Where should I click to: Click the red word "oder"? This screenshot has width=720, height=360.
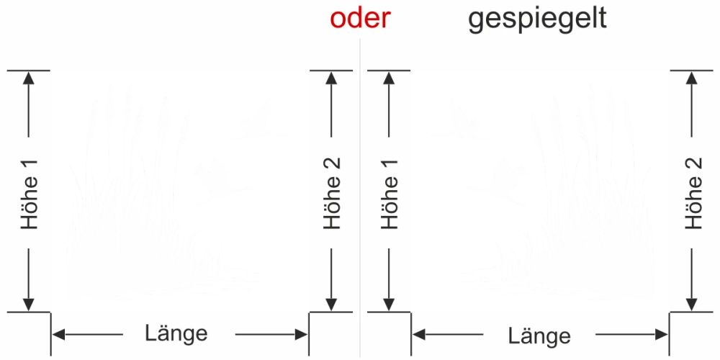coord(360,19)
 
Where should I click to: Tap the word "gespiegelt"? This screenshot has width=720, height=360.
coord(537,19)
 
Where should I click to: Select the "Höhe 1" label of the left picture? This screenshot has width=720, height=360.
coord(30,192)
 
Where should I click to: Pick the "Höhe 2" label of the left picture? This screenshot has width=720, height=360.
coord(332,192)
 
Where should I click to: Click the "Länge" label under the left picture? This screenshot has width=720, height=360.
coord(176,333)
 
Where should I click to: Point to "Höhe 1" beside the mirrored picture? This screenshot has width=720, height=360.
coord(390,192)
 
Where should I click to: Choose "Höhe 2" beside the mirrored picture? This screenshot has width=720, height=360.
coord(693,192)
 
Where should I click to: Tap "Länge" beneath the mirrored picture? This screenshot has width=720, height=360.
coord(539,336)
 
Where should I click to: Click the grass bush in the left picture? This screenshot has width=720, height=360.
coord(130,230)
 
